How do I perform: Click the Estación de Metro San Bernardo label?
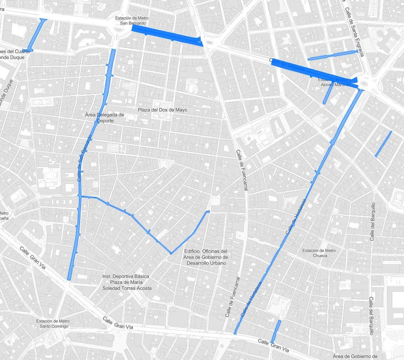pyautogui.click(x=132, y=21)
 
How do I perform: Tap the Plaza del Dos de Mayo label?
pyautogui.click(x=163, y=110)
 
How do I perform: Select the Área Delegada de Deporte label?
pyautogui.click(x=105, y=118)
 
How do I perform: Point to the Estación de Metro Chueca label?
pyautogui.click(x=319, y=253)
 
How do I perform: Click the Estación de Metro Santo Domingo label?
pyautogui.click(x=53, y=324)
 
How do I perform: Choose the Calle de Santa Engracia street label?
pyautogui.click(x=354, y=32)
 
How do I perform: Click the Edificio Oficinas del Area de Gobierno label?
pyautogui.click(x=206, y=257)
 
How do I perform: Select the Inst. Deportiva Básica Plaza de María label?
pyautogui.click(x=127, y=282)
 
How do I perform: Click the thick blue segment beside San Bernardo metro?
pyautogui.click(x=166, y=35)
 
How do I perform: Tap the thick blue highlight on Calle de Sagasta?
pyautogui.click(x=311, y=72)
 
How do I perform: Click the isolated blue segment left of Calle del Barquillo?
pyautogui.click(x=383, y=144)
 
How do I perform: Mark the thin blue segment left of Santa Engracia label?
pyautogui.click(x=333, y=55)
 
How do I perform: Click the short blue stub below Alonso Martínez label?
pyautogui.click(x=328, y=94)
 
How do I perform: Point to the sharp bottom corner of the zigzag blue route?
pyautogui.click(x=171, y=253)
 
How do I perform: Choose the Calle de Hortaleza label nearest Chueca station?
pyautogui.click(x=296, y=216)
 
